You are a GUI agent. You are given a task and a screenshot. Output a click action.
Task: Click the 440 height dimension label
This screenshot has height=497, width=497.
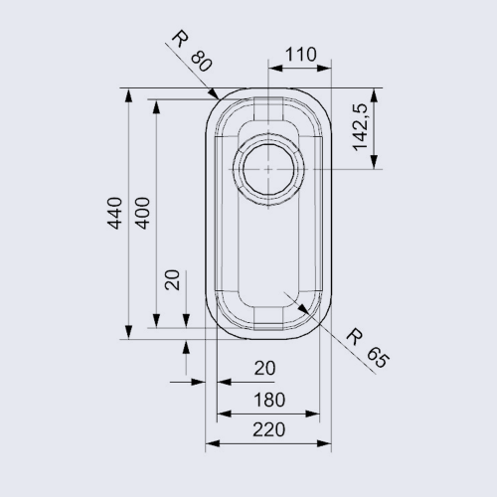pyautogui.click(x=114, y=213)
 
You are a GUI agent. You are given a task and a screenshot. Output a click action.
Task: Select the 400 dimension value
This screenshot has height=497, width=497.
pyautogui.click(x=143, y=213)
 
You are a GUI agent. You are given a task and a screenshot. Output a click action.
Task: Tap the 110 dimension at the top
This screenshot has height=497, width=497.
pyautogui.click(x=300, y=55)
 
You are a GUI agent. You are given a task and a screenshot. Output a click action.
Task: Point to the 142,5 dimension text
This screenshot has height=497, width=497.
pyautogui.click(x=361, y=127)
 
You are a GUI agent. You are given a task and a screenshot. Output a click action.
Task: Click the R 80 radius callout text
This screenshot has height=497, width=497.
pyautogui.click(x=192, y=51)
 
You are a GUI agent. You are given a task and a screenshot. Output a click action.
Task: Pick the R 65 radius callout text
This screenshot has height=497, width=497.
pyautogui.click(x=367, y=348)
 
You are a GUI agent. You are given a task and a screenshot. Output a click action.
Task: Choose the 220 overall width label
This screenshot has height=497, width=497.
pyautogui.click(x=268, y=429)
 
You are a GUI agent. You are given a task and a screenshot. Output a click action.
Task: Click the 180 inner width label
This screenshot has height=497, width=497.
pyautogui.click(x=269, y=400)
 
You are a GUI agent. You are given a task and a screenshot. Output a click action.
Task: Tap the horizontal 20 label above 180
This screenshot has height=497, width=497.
pyautogui.click(x=264, y=368)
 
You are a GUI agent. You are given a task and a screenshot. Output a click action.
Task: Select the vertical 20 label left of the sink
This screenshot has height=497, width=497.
pyautogui.click(x=172, y=280)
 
